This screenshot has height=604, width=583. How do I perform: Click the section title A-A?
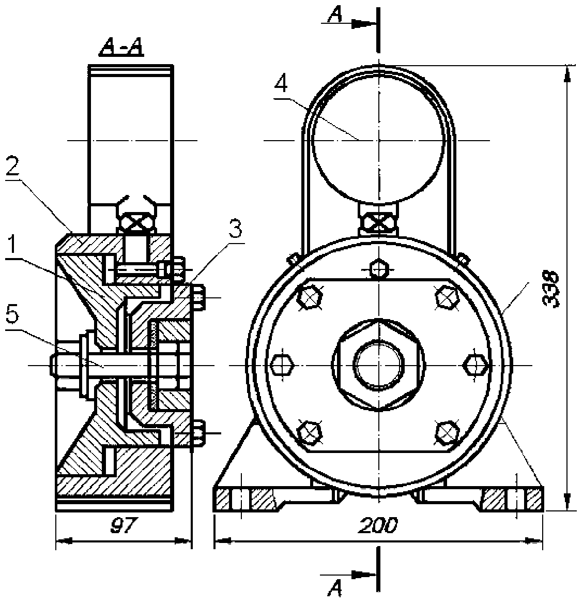pos(121,49)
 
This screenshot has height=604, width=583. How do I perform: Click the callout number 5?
pos(12,315)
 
